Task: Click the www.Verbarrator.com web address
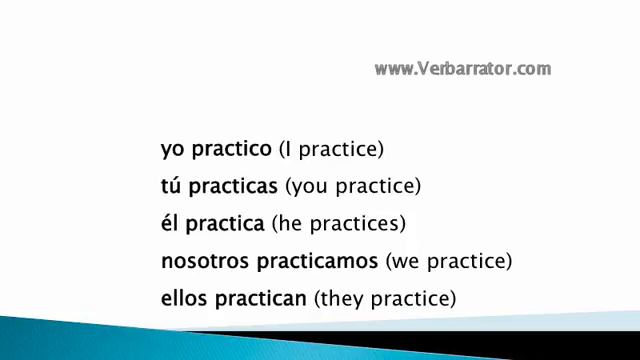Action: click(463, 69)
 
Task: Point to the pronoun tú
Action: click(171, 186)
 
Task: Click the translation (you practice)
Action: click(353, 187)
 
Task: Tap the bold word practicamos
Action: click(316, 262)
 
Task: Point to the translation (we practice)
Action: click(449, 262)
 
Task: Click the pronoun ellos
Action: click(183, 298)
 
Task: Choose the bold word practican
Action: click(260, 299)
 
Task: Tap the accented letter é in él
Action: click(165, 223)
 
